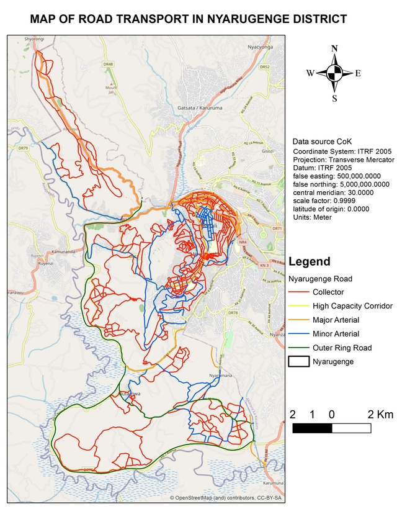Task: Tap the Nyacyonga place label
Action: [260, 47]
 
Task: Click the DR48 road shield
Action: [109, 64]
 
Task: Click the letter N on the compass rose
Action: [334, 48]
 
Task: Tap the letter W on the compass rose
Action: [310, 73]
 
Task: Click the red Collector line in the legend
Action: [299, 292]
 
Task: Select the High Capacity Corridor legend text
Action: [352, 306]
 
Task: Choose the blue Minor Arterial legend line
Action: [299, 334]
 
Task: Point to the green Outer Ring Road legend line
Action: [299, 348]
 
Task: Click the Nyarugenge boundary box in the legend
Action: [299, 362]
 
